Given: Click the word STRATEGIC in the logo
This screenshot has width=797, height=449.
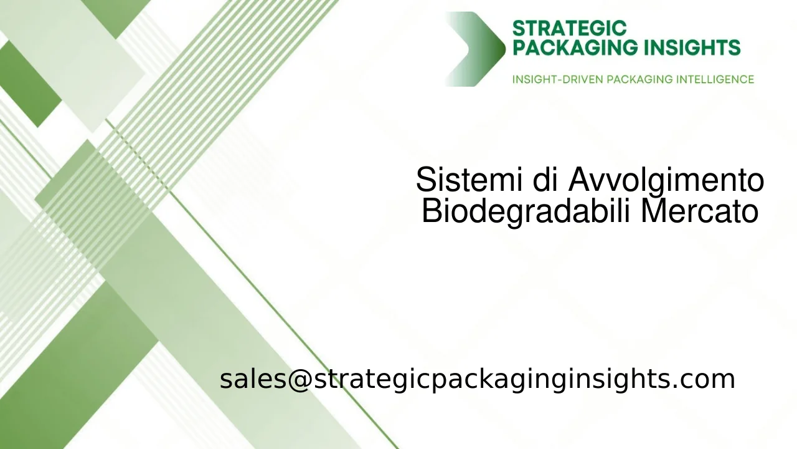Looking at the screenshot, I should pos(569,29).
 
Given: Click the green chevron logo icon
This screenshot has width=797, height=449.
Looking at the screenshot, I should pos(476,49).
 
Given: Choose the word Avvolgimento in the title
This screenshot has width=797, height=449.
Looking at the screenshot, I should pos(666,181).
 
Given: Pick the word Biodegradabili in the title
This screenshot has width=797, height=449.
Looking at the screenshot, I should pos(527,211).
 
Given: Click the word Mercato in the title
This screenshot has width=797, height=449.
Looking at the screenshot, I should pos(700,211).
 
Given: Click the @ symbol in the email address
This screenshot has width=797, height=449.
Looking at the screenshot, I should pos(299,379).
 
